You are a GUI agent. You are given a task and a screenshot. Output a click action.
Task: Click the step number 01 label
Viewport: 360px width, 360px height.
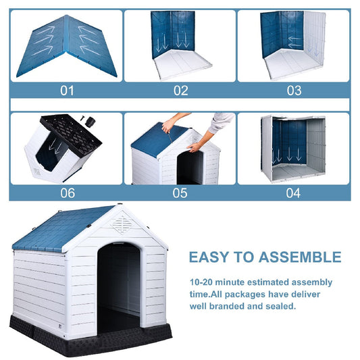[68, 91]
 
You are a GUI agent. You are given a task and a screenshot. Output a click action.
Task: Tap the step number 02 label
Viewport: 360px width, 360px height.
[180, 91]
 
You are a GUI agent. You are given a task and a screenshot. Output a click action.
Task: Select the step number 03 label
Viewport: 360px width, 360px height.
[294, 91]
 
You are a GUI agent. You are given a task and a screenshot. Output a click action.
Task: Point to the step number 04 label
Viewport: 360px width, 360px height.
[294, 192]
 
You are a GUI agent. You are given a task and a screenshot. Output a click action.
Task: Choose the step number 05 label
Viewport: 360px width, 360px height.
[180, 192]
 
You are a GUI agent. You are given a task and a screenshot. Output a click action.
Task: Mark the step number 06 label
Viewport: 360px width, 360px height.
[68, 192]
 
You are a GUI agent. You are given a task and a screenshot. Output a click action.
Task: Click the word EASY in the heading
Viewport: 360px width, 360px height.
[211, 257]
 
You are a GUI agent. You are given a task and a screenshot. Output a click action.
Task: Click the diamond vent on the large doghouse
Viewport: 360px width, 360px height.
[122, 224]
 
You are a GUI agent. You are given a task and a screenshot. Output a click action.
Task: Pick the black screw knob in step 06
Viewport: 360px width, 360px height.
[86, 119]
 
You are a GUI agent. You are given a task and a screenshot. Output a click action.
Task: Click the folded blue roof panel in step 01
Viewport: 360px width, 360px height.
[68, 45]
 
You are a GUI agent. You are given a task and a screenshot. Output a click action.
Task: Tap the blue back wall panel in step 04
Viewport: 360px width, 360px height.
[292, 143]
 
